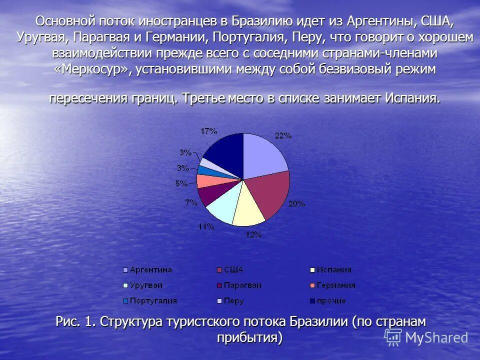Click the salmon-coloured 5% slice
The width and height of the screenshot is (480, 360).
tap(205, 181)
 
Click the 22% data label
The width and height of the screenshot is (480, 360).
tap(283, 136)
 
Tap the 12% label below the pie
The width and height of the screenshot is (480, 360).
tap(253, 234)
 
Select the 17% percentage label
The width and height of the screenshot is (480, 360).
tap(208, 131)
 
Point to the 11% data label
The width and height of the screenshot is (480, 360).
tap(206, 226)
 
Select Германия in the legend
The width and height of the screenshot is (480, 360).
tap(335, 285)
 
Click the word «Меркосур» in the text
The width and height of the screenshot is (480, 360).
tap(92, 68)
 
